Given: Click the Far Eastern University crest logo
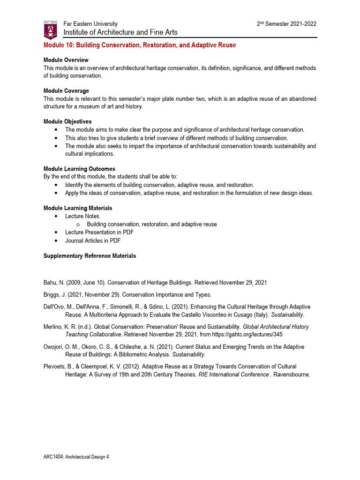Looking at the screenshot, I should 50,29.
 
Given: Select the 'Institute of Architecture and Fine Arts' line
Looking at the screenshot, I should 120,32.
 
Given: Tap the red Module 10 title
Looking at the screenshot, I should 140,45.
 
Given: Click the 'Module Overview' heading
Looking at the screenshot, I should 66,60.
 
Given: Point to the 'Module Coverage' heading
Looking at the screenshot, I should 66,91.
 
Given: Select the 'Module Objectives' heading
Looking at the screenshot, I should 67,121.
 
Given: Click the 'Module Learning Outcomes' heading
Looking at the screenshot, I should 79,169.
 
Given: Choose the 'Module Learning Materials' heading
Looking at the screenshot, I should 78,208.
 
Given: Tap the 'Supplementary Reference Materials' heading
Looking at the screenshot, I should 90,256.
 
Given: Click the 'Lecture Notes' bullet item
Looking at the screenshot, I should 82,216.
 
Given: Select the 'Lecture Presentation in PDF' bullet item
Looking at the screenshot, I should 99,232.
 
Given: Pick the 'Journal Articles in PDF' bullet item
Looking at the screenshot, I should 93,240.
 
